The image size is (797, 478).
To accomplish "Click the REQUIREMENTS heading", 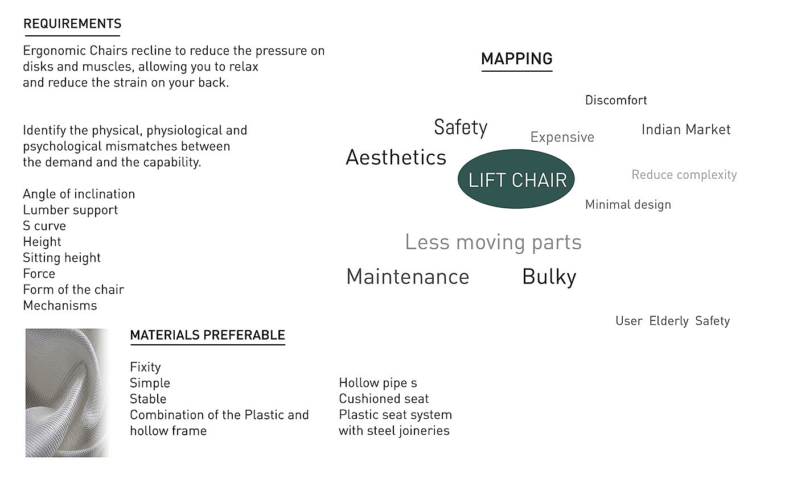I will [72, 24].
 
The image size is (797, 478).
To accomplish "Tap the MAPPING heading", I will [516, 59].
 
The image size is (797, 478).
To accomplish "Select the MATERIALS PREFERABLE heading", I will [207, 335].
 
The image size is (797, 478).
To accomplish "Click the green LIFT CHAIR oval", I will [516, 179].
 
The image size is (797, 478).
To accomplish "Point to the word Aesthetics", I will [396, 158].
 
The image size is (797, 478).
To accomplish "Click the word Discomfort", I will [616, 101].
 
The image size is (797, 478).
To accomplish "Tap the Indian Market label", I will [685, 130].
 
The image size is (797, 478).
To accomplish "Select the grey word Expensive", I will [562, 137].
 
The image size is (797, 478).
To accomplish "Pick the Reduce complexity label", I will [684, 175].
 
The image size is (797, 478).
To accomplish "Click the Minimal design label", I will [628, 205].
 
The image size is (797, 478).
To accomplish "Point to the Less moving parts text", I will [493, 242].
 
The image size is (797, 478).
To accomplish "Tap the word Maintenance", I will [408, 277].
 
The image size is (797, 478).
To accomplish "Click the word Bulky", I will [549, 277].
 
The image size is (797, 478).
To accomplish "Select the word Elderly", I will [669, 321].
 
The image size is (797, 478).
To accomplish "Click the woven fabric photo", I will [67, 393].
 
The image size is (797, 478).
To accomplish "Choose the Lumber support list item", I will [71, 210].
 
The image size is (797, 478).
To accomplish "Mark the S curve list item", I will [44, 226].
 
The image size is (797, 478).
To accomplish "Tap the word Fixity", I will [145, 367].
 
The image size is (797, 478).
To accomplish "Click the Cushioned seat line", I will [384, 399].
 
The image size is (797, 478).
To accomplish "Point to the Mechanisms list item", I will [60, 306].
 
